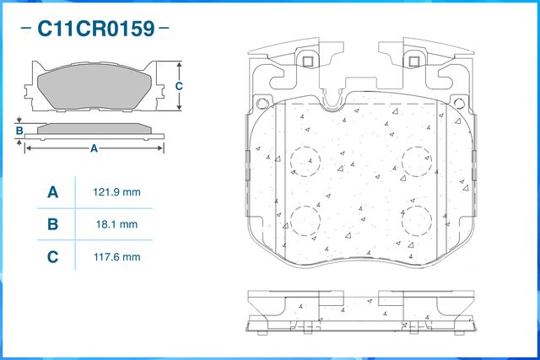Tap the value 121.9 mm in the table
tap(116, 192)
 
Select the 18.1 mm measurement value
tap(116, 224)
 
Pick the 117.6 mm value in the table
tap(116, 257)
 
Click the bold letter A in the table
tap(52, 192)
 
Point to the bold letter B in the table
tap(52, 224)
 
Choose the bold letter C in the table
tap(52, 257)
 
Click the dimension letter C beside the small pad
tap(179, 87)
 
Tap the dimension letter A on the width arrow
tap(94, 148)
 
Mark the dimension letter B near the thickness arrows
tap(19, 131)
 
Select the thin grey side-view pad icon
tap(94, 131)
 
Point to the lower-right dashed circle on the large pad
tap(416, 220)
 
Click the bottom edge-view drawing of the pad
tap(360, 313)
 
